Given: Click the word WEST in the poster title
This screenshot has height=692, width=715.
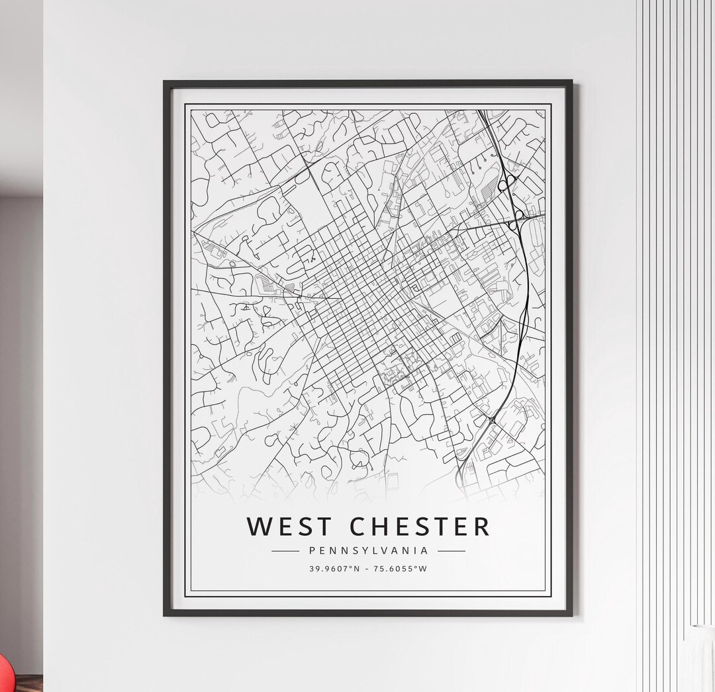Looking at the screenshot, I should point(289,527).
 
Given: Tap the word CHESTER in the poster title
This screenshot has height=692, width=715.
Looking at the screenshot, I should point(420,527).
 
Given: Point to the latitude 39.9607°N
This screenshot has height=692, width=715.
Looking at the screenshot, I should point(334,569).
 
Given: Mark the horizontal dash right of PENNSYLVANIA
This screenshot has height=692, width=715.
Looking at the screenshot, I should point(452,550).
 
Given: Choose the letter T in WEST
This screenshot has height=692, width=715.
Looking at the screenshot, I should point(324,527).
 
